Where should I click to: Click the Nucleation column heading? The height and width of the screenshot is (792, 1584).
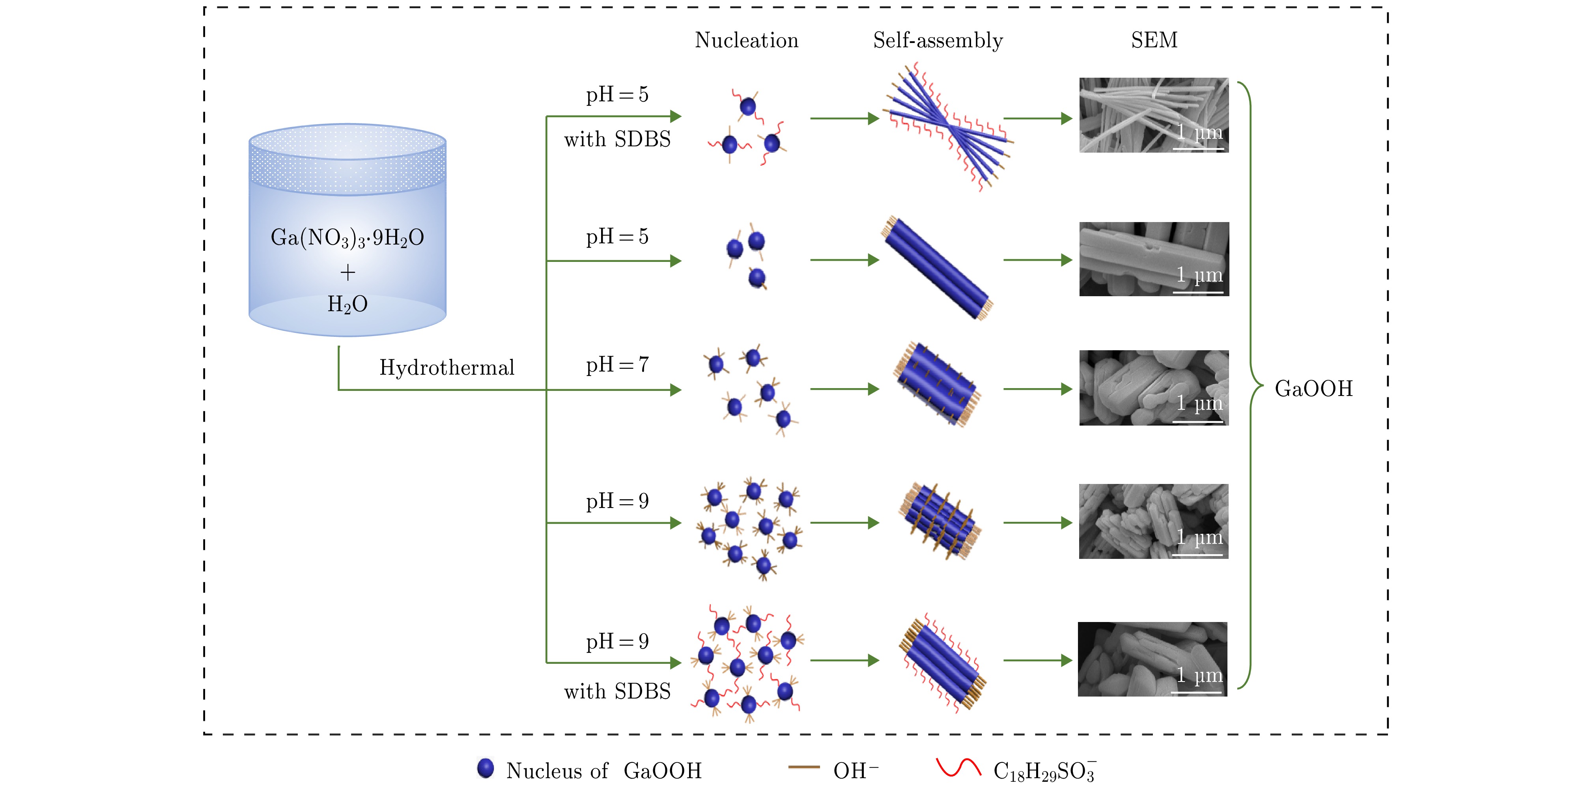pyautogui.click(x=747, y=41)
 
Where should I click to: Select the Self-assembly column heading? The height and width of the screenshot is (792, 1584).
pyautogui.click(x=938, y=41)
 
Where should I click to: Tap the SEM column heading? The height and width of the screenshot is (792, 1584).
pyautogui.click(x=1154, y=41)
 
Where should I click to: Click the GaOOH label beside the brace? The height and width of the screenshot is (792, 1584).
pyautogui.click(x=1313, y=389)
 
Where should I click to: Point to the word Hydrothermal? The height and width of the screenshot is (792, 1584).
pyautogui.click(x=446, y=368)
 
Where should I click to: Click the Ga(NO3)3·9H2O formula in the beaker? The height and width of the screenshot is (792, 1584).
pyautogui.click(x=347, y=238)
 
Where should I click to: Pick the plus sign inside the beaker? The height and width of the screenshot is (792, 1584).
pyautogui.click(x=347, y=272)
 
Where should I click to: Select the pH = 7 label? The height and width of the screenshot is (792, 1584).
pyautogui.click(x=617, y=364)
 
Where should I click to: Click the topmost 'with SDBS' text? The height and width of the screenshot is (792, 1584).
pyautogui.click(x=617, y=140)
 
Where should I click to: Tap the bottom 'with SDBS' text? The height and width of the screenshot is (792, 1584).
pyautogui.click(x=617, y=692)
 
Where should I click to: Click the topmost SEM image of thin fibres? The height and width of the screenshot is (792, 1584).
pyautogui.click(x=1154, y=115)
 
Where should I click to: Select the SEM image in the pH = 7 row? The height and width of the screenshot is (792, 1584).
pyautogui.click(x=1154, y=388)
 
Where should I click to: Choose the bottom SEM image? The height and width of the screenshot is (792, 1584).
pyautogui.click(x=1153, y=659)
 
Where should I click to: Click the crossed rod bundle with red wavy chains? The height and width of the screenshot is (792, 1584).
pyautogui.click(x=947, y=127)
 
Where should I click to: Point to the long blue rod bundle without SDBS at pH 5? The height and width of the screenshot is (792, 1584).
pyautogui.click(x=937, y=269)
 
